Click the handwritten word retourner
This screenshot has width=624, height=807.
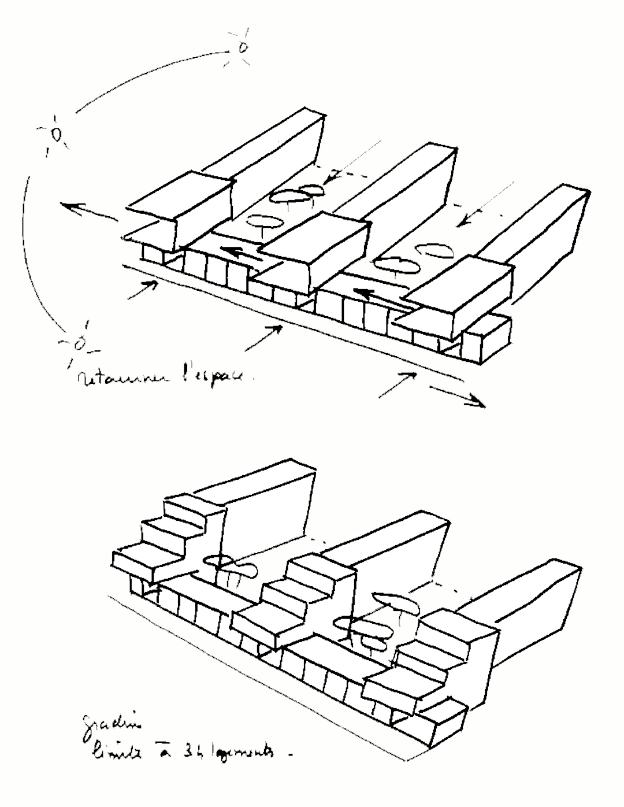click(121, 378)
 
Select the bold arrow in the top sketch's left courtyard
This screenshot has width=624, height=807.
click(240, 255)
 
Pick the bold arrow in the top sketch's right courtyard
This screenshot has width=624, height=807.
click(376, 296)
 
